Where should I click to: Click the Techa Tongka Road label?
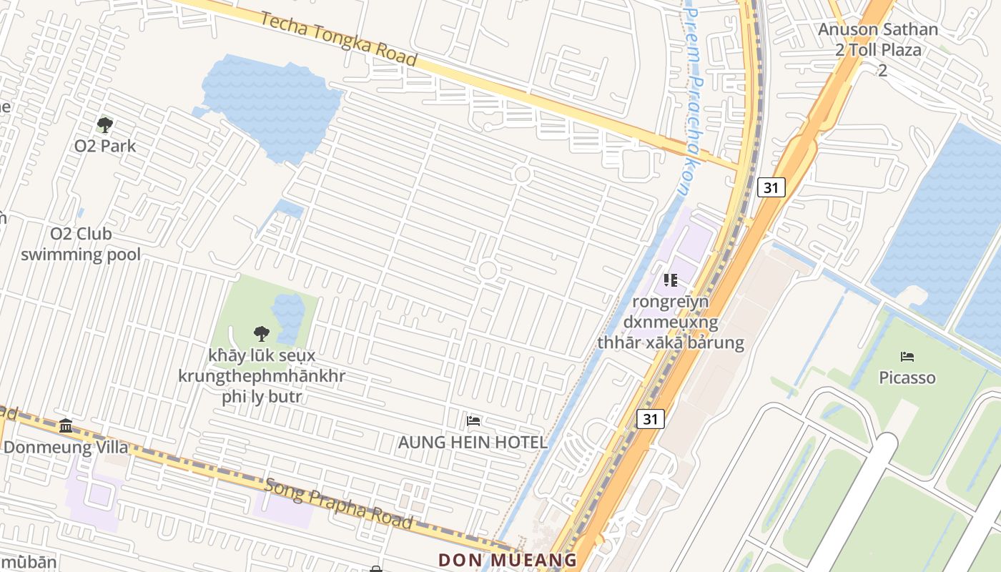pyautogui.click(x=338, y=39)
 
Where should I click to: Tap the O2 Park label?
pyautogui.click(x=105, y=146)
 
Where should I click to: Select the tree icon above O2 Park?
pyautogui.click(x=105, y=126)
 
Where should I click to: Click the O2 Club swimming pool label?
pyautogui.click(x=80, y=244)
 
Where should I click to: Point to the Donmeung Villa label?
pyautogui.click(x=66, y=448)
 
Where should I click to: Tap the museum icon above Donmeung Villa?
pyautogui.click(x=66, y=426)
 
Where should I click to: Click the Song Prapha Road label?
pyautogui.click(x=339, y=503)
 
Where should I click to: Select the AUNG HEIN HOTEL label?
pyautogui.click(x=473, y=443)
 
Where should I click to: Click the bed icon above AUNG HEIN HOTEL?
pyautogui.click(x=473, y=421)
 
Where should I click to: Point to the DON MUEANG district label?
pyautogui.click(x=508, y=560)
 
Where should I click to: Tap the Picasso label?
pyautogui.click(x=907, y=377)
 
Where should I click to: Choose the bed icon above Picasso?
pyautogui.click(x=907, y=356)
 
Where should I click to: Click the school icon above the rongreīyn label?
pyautogui.click(x=670, y=280)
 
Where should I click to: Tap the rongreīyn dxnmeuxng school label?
pyautogui.click(x=671, y=322)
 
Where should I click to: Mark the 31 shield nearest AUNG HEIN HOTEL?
pyautogui.click(x=650, y=418)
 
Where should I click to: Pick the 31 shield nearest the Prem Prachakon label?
pyautogui.click(x=771, y=187)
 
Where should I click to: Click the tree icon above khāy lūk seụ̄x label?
pyautogui.click(x=261, y=332)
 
